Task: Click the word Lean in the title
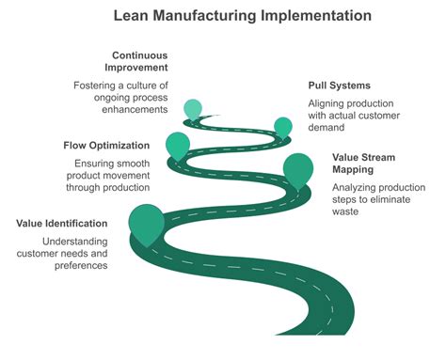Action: tap(133, 16)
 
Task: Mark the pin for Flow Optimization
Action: tap(177, 145)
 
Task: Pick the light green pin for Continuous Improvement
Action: tap(193, 109)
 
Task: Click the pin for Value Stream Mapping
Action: tap(297, 168)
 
